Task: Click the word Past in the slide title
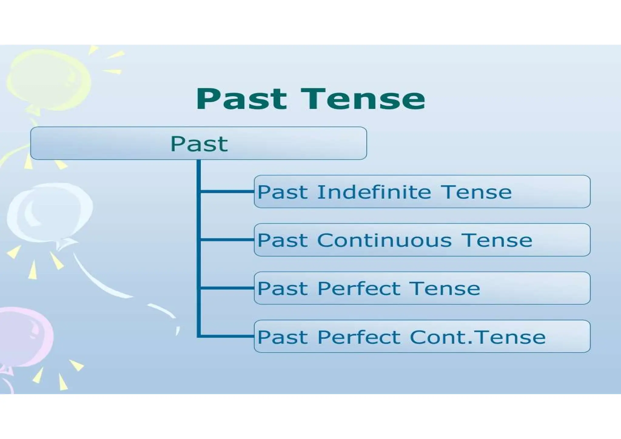tap(241, 99)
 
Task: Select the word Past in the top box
tap(199, 144)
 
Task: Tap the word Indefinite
tap(374, 192)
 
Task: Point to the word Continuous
tap(384, 240)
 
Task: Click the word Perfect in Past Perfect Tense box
tap(359, 288)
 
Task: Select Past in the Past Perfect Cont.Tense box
tap(282, 337)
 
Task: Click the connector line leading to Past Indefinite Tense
tap(227, 191)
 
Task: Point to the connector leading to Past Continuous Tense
tap(227, 240)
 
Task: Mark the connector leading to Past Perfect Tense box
tap(227, 288)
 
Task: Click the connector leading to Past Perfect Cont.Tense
tap(227, 336)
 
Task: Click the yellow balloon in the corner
tap(49, 80)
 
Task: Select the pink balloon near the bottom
tap(24, 337)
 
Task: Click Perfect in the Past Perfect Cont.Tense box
tap(359, 337)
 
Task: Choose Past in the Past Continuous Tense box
tap(282, 240)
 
